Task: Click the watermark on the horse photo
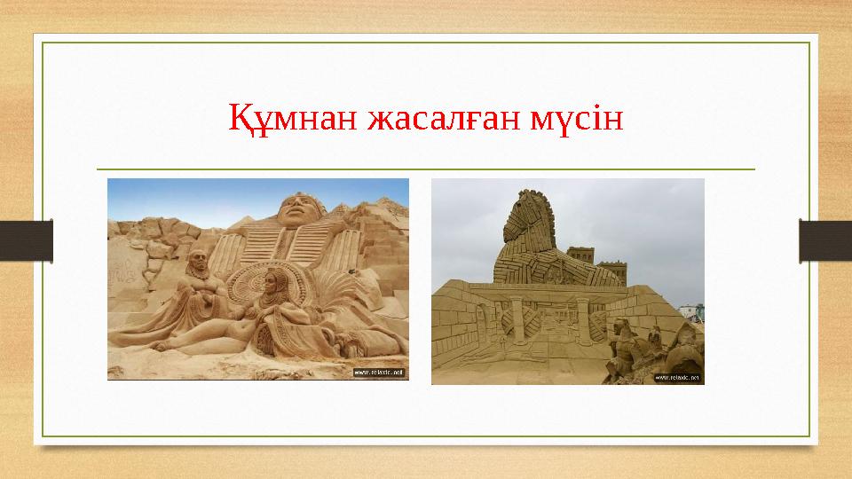tap(677, 377)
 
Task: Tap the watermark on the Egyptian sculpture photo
tap(379, 373)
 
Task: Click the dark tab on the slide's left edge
tap(26, 240)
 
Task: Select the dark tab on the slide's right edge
tap(825, 240)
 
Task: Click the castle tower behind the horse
tap(582, 260)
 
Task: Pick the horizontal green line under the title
tap(425, 169)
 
